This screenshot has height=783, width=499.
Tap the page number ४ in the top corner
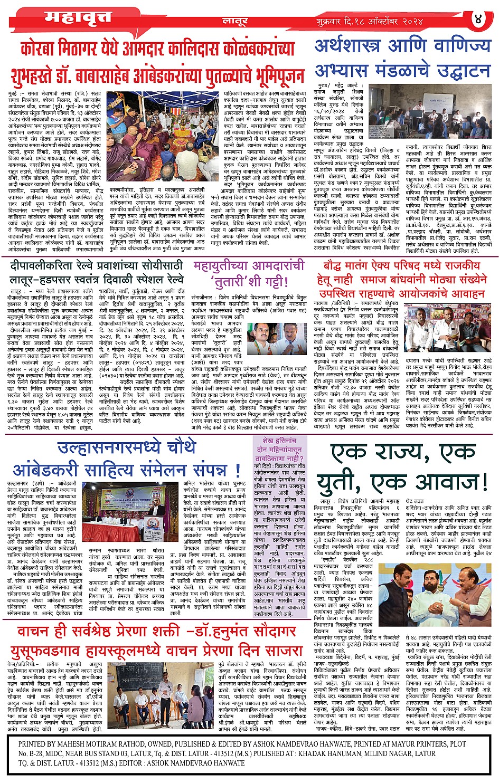click(x=478, y=19)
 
